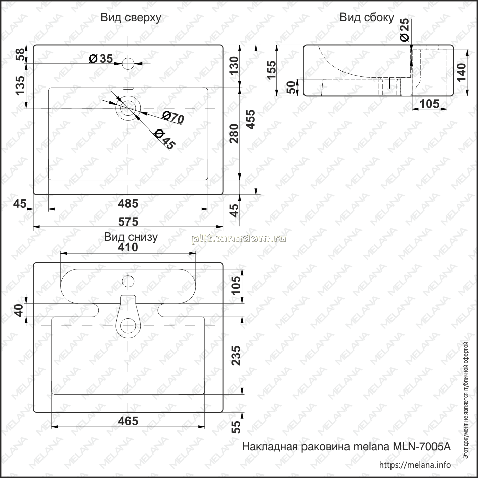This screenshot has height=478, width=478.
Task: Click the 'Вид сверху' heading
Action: tap(131, 18)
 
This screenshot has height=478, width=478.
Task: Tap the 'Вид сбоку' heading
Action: tap(367, 18)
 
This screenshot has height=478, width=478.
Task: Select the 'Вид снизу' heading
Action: tap(131, 237)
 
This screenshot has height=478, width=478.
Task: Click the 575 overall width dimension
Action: tap(128, 222)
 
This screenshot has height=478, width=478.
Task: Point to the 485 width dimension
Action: tap(128, 204)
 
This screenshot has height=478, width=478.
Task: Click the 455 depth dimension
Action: tap(250, 119)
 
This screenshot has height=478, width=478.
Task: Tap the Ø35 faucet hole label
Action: tap(101, 58)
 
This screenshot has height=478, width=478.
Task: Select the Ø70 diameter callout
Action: tap(173, 118)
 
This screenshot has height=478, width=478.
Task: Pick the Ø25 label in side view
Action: tap(405, 30)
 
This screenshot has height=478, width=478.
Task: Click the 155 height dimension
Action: tap(271, 70)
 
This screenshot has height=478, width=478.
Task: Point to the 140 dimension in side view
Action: tap(461, 72)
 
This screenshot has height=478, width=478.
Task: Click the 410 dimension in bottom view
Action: tap(128, 247)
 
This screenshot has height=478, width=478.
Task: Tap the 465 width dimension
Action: tap(128, 421)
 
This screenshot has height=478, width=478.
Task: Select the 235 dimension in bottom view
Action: tap(236, 356)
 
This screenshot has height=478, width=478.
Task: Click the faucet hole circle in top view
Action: tap(128, 63)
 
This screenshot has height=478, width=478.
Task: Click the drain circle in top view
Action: tap(128, 108)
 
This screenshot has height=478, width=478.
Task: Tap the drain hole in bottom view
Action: tap(128, 326)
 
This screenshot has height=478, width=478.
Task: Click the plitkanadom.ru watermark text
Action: tap(239, 239)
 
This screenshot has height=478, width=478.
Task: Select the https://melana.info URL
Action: tap(415, 465)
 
